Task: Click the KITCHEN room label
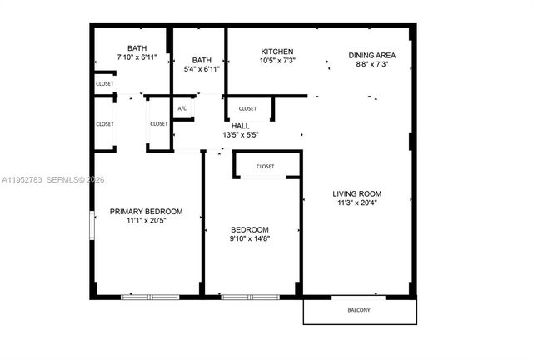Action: coord(277,52)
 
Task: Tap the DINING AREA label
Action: coord(371,55)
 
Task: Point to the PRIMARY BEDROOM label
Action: coord(147,212)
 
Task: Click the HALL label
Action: coord(240,126)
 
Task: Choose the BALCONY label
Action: coord(359,311)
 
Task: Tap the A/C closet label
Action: coord(182,108)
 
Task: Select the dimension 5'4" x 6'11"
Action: coord(202,69)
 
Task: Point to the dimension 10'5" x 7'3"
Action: coord(277,61)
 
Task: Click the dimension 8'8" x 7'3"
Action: coord(371,64)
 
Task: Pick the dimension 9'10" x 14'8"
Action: coord(250,239)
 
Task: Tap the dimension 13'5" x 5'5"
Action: coord(240,135)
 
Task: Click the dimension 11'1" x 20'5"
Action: coord(147,221)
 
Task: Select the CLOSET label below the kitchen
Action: coord(247,108)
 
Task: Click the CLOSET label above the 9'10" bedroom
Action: coord(265,166)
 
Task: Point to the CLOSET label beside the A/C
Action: coord(158,124)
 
